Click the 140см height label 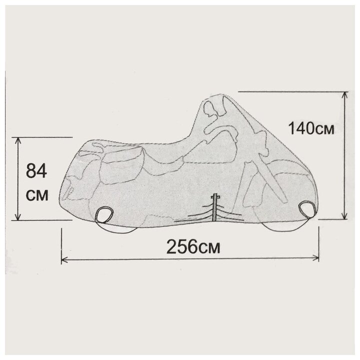tap(311, 128)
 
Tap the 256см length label tap(193, 247)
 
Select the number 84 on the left tap(36, 171)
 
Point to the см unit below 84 tap(37, 196)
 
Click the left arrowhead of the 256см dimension tap(64, 259)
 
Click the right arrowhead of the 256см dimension tap(316, 258)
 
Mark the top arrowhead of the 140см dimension tap(344, 95)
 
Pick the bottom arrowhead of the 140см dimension tap(344, 215)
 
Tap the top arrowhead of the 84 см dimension tap(17, 141)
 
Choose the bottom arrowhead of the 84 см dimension tap(17, 216)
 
